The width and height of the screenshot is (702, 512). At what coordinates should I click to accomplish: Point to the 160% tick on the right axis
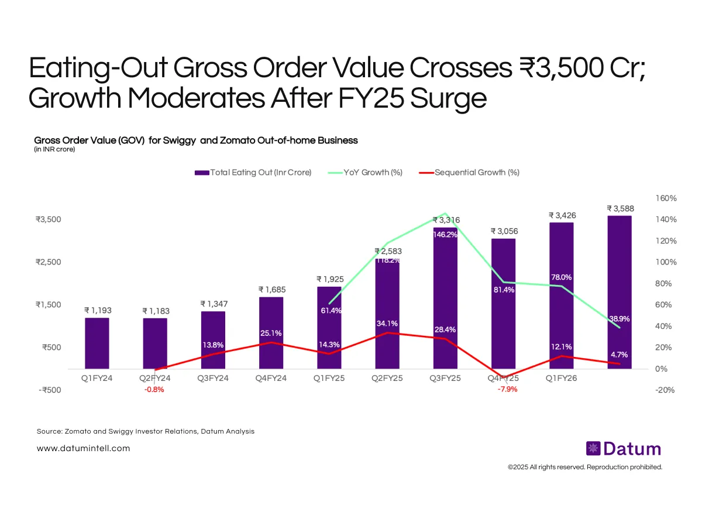(x=666, y=198)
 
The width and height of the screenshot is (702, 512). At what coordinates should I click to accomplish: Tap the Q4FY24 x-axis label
(x=271, y=379)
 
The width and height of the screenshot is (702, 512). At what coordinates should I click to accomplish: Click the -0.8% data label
(x=154, y=390)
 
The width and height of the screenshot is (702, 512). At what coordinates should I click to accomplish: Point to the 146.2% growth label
(x=445, y=235)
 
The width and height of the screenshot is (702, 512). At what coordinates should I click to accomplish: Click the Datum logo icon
(x=593, y=449)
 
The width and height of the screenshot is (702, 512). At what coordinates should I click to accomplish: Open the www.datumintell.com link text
(x=83, y=449)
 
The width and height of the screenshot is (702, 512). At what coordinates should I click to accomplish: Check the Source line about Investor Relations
(x=146, y=431)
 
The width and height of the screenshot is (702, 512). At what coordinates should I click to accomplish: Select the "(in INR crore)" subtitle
(x=54, y=149)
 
